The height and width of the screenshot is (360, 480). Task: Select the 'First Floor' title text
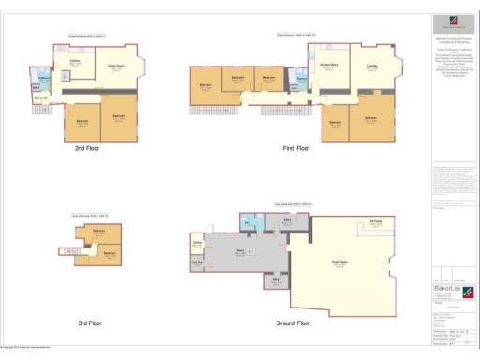(x=296, y=148)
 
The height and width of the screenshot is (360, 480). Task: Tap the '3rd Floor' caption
(x=91, y=323)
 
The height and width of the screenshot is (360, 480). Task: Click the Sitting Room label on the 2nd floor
(x=116, y=67)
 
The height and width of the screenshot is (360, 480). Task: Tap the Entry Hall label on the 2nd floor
(x=40, y=97)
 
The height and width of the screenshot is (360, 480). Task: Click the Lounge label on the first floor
(x=372, y=65)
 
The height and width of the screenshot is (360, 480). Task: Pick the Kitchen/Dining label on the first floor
(x=331, y=65)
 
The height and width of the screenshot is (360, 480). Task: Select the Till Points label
(x=374, y=221)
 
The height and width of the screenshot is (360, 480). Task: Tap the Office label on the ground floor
(x=199, y=243)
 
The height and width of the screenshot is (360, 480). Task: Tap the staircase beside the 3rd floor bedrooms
(x=70, y=250)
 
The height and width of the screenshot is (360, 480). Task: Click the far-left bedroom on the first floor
(x=204, y=86)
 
